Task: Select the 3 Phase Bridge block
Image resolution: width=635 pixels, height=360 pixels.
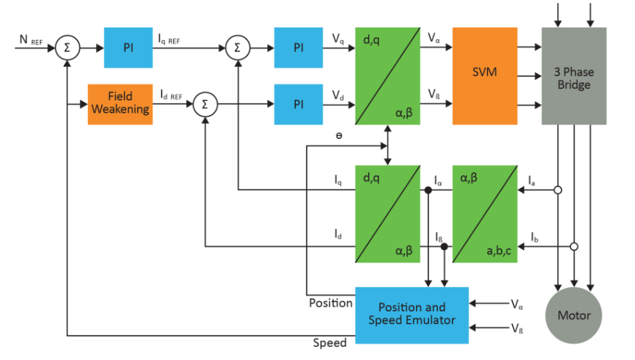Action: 574,76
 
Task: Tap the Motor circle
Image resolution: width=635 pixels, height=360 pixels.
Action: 574,315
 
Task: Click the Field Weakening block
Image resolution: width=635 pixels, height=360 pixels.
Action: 120,104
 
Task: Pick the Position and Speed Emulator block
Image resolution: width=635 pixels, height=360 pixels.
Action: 412,313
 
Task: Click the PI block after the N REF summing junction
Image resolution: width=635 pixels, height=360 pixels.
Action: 128,48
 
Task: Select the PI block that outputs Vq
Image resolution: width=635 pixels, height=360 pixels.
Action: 298,48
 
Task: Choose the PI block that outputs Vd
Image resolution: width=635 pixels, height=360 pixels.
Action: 298,105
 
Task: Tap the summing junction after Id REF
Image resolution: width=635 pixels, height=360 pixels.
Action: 204,105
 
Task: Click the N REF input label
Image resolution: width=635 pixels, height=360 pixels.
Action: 29,36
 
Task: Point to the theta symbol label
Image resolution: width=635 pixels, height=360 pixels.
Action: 340,136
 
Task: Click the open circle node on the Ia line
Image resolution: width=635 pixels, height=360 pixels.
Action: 558,191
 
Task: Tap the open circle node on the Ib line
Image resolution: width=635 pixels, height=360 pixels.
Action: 574,247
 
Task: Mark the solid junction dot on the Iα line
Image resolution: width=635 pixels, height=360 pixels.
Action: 429,191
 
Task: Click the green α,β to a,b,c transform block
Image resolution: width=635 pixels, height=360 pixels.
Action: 484,213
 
